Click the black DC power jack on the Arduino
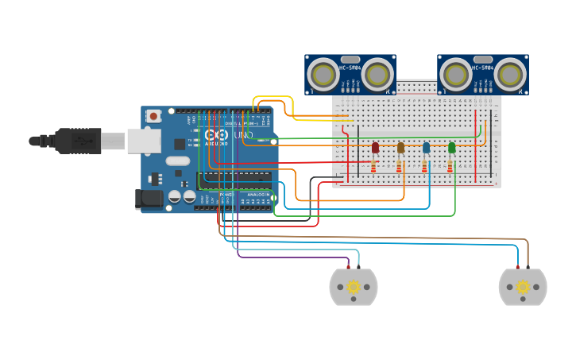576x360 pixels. pyautogui.click(x=149, y=199)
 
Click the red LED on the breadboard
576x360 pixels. pyautogui.click(x=375, y=148)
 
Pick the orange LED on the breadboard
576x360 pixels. pyautogui.click(x=400, y=148)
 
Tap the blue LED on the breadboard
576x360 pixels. pyautogui.click(x=426, y=148)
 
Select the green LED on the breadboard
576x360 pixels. pyautogui.click(x=451, y=148)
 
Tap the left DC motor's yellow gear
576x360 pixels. pyautogui.click(x=353, y=287)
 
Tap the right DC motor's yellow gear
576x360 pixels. pyautogui.click(x=522, y=287)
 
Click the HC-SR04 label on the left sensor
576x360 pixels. pyautogui.click(x=350, y=68)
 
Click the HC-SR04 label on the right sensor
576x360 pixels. pyautogui.click(x=483, y=68)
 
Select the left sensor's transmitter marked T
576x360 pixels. pyautogui.click(x=323, y=74)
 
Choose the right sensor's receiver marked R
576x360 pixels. pyautogui.click(x=510, y=74)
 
